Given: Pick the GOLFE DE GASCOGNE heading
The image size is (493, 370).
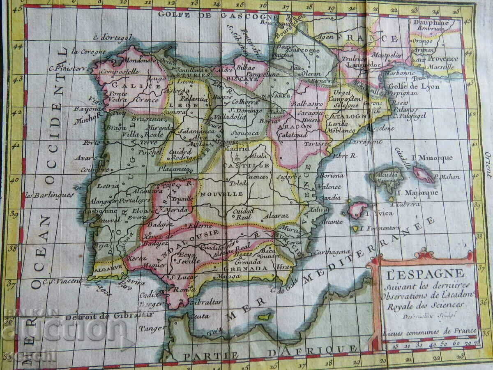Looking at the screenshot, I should coord(216,15).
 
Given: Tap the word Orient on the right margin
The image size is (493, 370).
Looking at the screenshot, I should coord(488,164).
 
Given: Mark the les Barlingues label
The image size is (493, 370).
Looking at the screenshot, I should coord(50,195).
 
